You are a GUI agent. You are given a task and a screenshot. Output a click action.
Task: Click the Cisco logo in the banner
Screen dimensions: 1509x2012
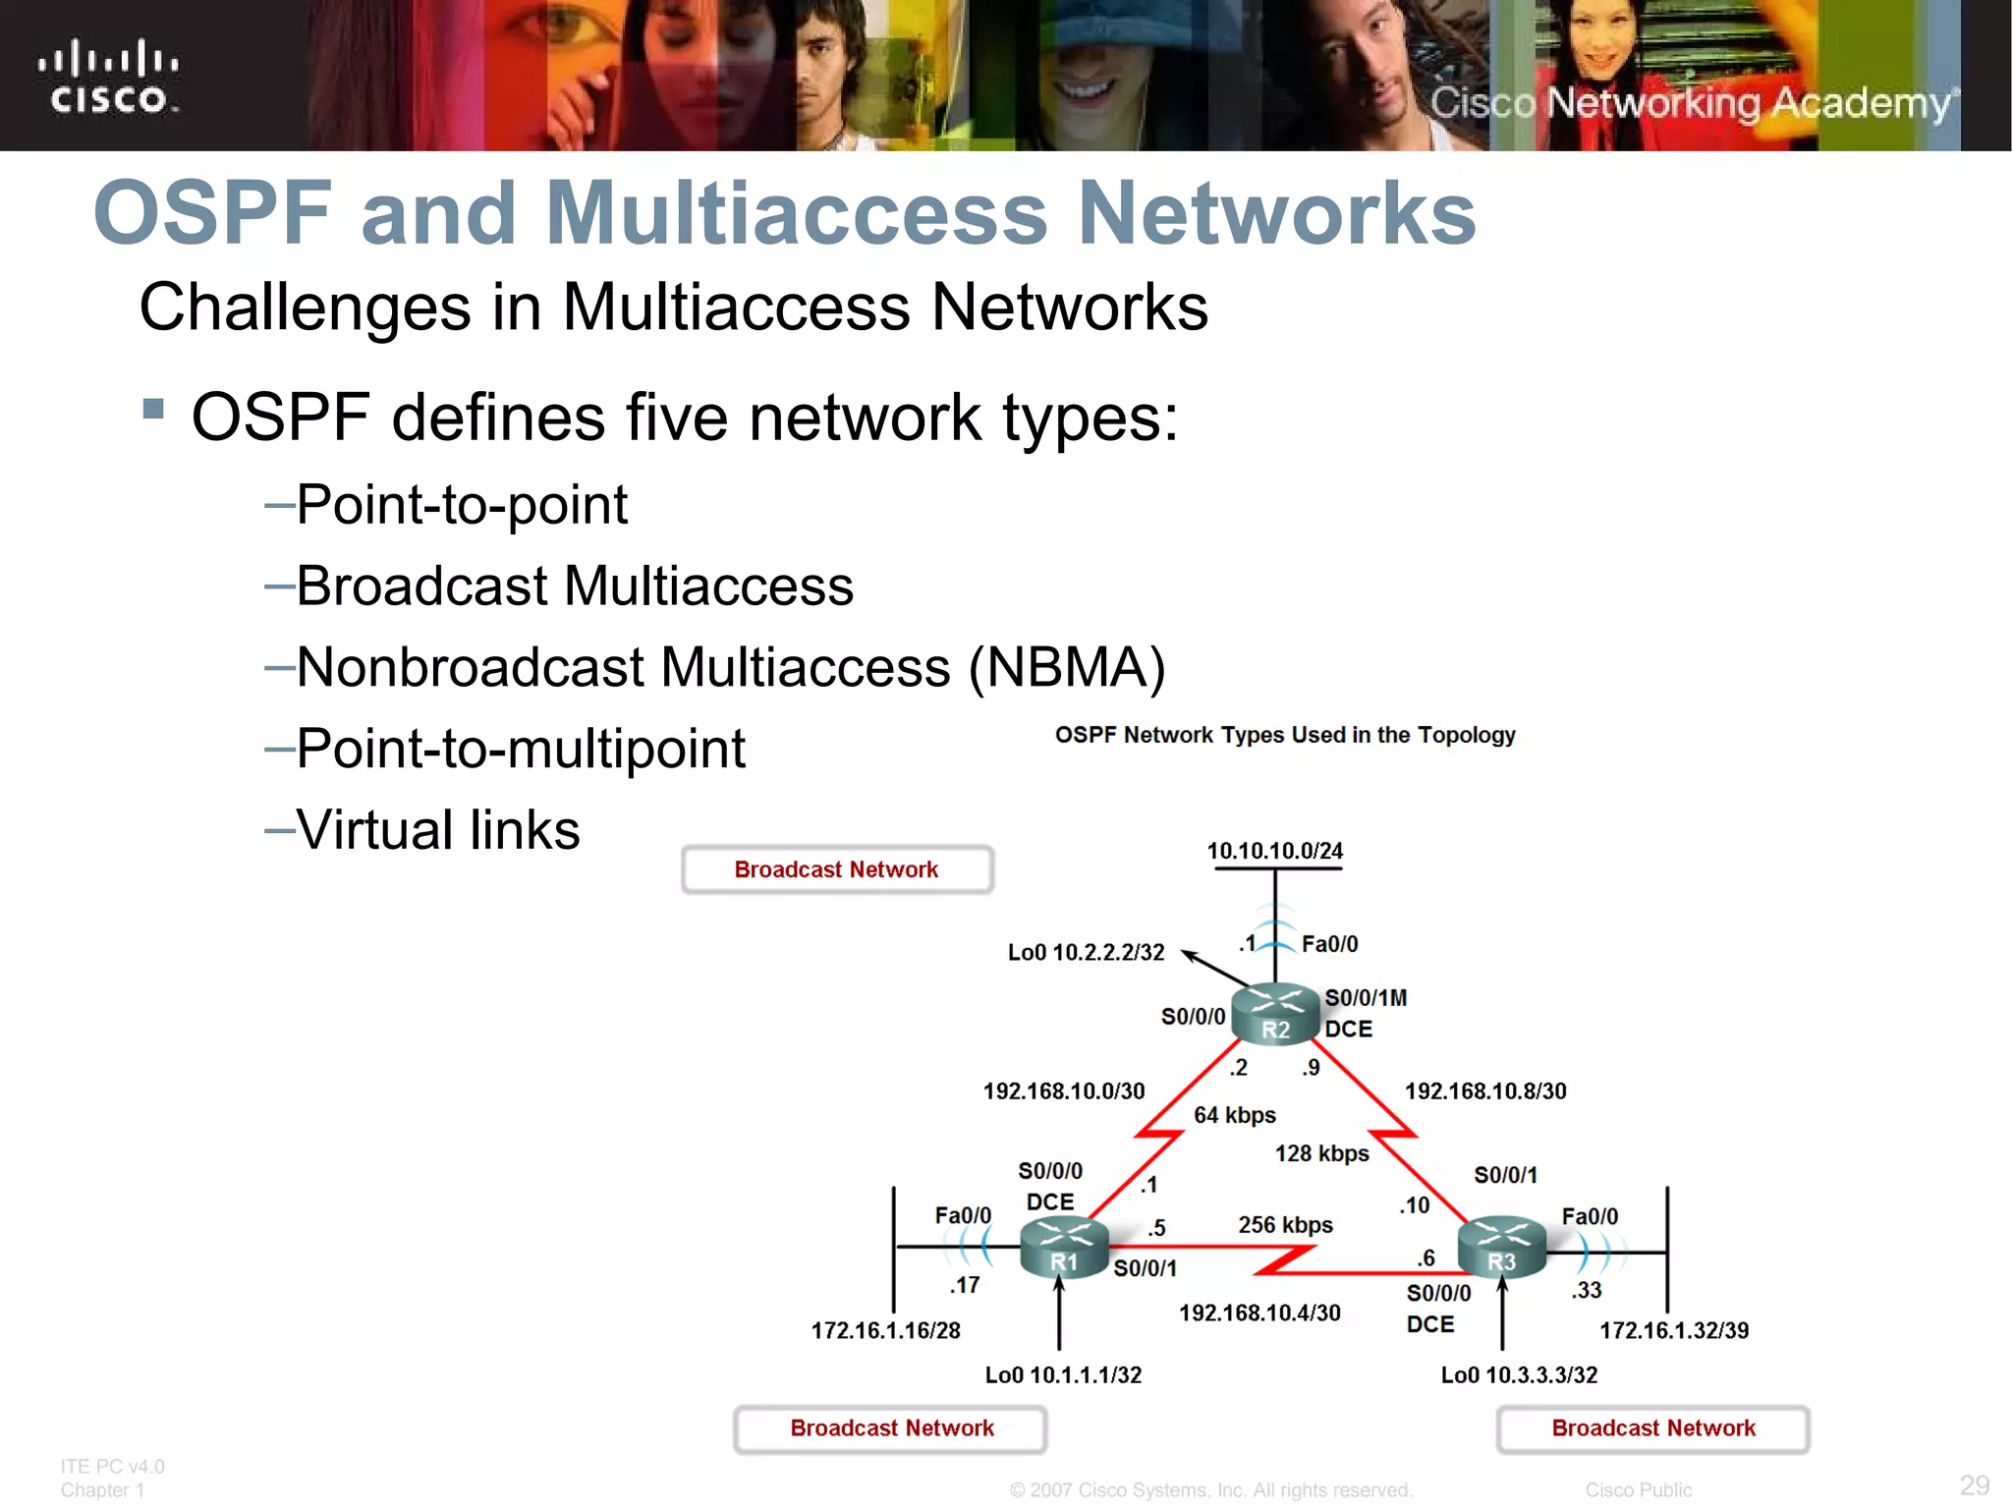pos(108,77)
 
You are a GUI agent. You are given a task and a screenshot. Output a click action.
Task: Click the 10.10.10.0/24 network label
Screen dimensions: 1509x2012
pos(1274,851)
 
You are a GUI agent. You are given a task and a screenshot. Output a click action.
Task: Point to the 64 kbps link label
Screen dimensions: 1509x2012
pos(1234,1115)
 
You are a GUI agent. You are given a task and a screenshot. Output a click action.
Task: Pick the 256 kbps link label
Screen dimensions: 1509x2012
pos(1285,1225)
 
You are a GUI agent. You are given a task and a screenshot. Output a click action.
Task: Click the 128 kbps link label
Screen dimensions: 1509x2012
pos(1321,1153)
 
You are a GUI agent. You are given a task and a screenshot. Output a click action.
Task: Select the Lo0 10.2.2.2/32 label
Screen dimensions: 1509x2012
pos(1086,952)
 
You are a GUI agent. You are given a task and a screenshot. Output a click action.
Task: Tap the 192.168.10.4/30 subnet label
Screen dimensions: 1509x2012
pos(1259,1313)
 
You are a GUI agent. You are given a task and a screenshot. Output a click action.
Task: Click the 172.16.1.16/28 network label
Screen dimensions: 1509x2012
pos(885,1330)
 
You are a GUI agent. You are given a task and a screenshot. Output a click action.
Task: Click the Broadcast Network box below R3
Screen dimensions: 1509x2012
pos(1652,1428)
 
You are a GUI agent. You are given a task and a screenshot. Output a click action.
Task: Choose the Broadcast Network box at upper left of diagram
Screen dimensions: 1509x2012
pos(837,869)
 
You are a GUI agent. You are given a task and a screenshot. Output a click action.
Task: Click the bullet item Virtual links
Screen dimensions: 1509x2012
pos(437,830)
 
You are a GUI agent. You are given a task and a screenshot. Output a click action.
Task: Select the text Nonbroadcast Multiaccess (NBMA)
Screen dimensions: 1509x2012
pos(730,668)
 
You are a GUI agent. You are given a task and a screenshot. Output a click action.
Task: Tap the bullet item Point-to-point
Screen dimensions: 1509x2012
pos(461,505)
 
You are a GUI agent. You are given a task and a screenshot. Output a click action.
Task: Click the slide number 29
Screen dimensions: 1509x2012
pos(1974,1484)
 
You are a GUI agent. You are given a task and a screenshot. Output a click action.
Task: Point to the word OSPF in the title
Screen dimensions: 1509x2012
pos(212,213)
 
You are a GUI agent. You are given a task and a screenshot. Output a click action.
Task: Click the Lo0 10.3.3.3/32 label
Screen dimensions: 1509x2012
pos(1519,1375)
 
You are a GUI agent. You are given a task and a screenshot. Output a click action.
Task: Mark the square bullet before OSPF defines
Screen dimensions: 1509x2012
pos(153,408)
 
